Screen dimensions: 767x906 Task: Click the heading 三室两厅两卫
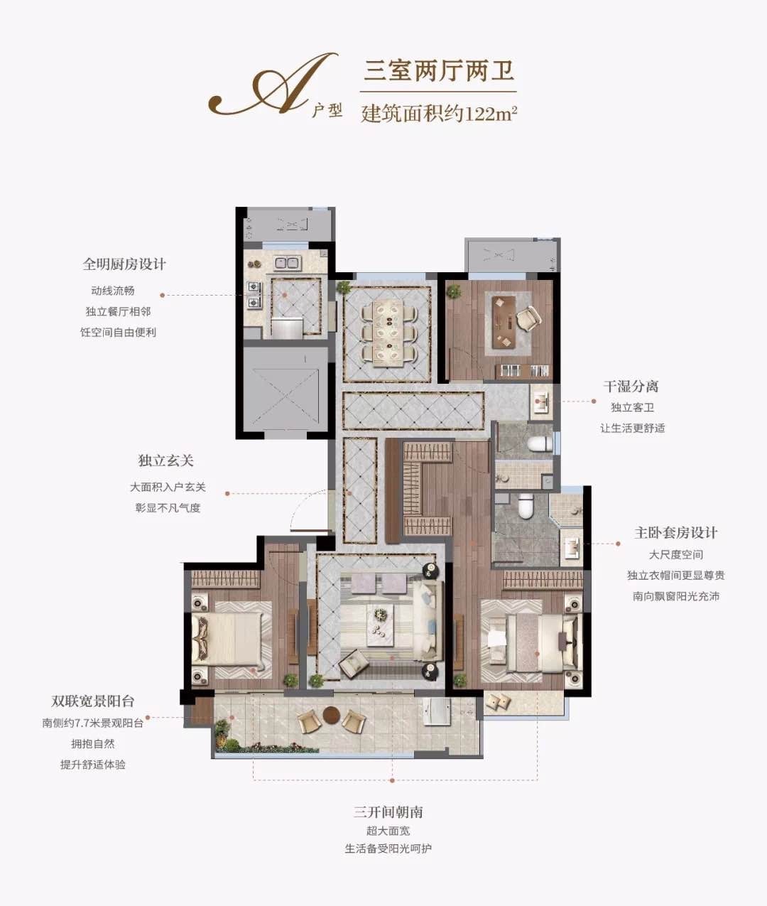[x=438, y=71]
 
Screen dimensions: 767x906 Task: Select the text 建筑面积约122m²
[x=439, y=114]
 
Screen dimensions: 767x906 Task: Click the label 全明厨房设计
[x=124, y=264]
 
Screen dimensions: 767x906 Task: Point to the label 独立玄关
[x=165, y=460]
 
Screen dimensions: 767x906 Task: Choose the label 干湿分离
[x=631, y=386]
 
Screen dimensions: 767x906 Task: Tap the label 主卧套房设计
[x=676, y=532]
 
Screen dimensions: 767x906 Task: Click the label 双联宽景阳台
[x=93, y=701]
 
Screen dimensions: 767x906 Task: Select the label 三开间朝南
[x=388, y=811]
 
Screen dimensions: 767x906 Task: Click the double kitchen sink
[x=288, y=263]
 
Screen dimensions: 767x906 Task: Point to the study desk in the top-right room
[x=504, y=322]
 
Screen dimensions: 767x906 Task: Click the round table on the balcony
[x=332, y=715]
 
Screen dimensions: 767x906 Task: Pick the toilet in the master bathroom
[x=526, y=505]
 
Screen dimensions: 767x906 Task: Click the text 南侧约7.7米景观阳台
[x=93, y=723]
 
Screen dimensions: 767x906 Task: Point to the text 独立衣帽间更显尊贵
[x=676, y=575]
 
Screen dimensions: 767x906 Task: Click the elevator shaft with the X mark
[x=285, y=393]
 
